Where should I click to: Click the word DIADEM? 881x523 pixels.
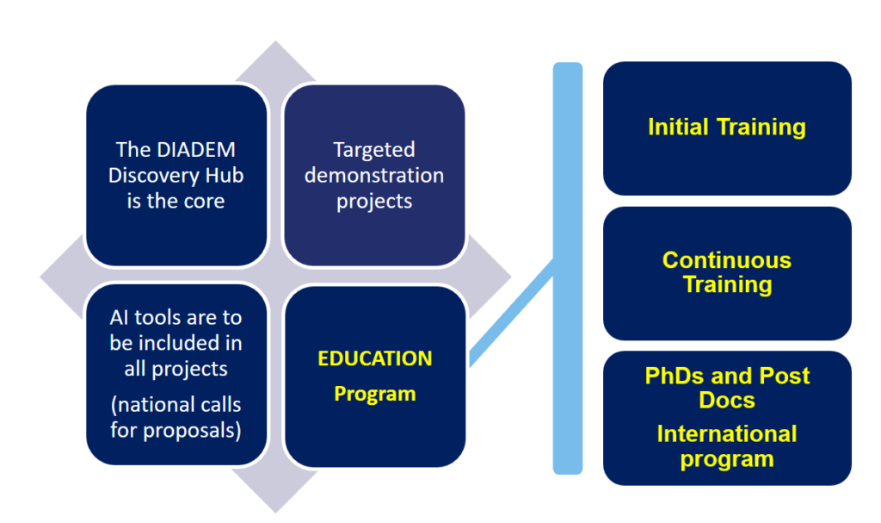196,150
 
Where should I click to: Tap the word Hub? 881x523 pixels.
225,175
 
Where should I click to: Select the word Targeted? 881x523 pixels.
374,150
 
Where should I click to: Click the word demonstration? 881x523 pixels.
374,175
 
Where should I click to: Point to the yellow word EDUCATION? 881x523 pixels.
375,358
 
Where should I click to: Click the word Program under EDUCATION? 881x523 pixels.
375,394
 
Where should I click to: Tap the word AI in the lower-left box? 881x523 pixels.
119,318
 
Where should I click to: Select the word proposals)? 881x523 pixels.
192,431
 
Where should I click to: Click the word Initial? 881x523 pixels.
678,127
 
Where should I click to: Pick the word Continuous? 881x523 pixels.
727,260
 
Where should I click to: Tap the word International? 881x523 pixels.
727,434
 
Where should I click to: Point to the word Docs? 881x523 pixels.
727,401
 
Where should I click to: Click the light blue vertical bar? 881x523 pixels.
568,268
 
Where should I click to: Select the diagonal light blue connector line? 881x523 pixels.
512,313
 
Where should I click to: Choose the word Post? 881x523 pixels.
786,376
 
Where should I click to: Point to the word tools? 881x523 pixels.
157,318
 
